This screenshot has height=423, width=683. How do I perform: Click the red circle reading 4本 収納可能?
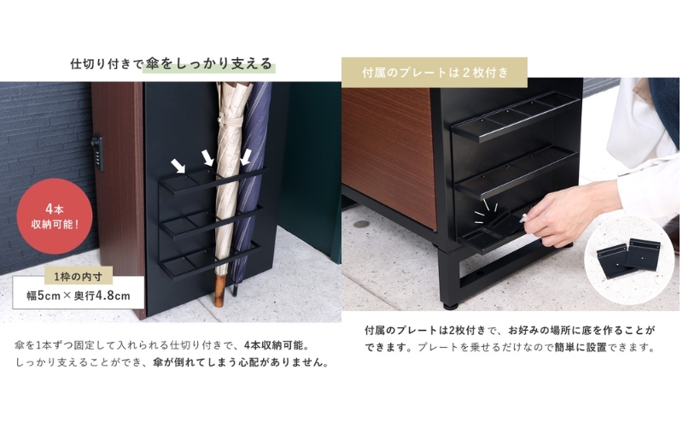click(x=55, y=216)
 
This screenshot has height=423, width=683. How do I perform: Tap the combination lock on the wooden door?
click(x=97, y=153)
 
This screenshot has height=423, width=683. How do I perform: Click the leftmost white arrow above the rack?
click(x=178, y=165)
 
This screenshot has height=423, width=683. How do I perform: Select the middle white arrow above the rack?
click(x=208, y=158)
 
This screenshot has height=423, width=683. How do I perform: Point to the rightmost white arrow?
click(x=246, y=157)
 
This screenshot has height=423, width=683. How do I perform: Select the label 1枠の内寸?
click(x=79, y=277)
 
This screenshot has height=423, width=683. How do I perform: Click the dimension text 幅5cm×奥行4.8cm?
click(x=79, y=296)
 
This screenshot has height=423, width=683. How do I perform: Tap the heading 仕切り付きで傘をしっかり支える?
click(x=172, y=64)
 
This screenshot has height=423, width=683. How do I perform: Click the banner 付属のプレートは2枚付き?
click(x=435, y=72)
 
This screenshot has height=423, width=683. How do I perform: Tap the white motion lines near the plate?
click(x=486, y=209)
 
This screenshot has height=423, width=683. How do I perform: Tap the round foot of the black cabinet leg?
click(x=452, y=305)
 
